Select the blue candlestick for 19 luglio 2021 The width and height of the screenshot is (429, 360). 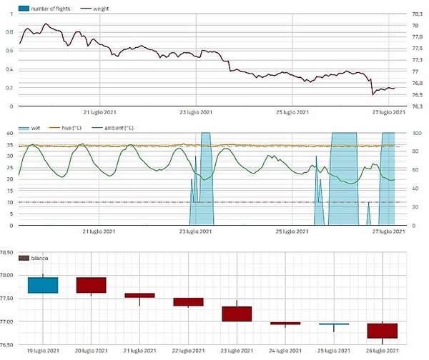(x=43, y=284)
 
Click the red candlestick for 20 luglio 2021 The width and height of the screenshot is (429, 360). (x=92, y=284)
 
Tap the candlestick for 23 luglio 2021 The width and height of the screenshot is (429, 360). (x=237, y=314)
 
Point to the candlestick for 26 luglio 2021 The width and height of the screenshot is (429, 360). (x=383, y=330)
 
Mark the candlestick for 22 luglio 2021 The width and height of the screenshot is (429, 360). (x=188, y=301)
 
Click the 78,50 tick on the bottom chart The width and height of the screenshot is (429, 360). (x=9, y=252)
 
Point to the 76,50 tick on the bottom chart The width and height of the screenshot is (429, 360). (x=9, y=345)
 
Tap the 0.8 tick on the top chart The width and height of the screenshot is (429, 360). (x=9, y=33)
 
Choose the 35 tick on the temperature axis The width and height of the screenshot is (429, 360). (x=10, y=145)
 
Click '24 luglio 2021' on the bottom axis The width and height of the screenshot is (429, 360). (x=285, y=351)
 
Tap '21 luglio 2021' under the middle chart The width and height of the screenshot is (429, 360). (x=100, y=231)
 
